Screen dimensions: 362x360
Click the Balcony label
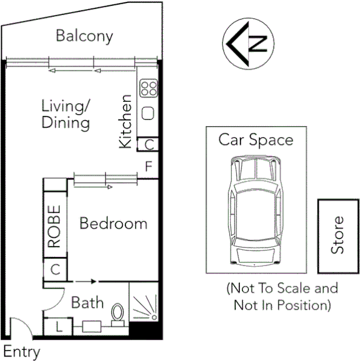click(x=84, y=36)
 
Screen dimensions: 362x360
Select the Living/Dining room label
click(x=65, y=114)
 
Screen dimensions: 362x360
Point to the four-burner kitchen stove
click(x=148, y=89)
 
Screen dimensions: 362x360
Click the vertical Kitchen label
click(x=125, y=121)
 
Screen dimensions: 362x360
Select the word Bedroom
click(x=113, y=223)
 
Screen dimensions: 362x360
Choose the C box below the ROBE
click(x=54, y=269)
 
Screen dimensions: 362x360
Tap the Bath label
click(x=87, y=302)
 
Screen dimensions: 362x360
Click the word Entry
click(x=21, y=351)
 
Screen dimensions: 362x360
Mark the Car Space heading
click(x=256, y=140)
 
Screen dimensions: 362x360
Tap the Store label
click(x=338, y=235)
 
